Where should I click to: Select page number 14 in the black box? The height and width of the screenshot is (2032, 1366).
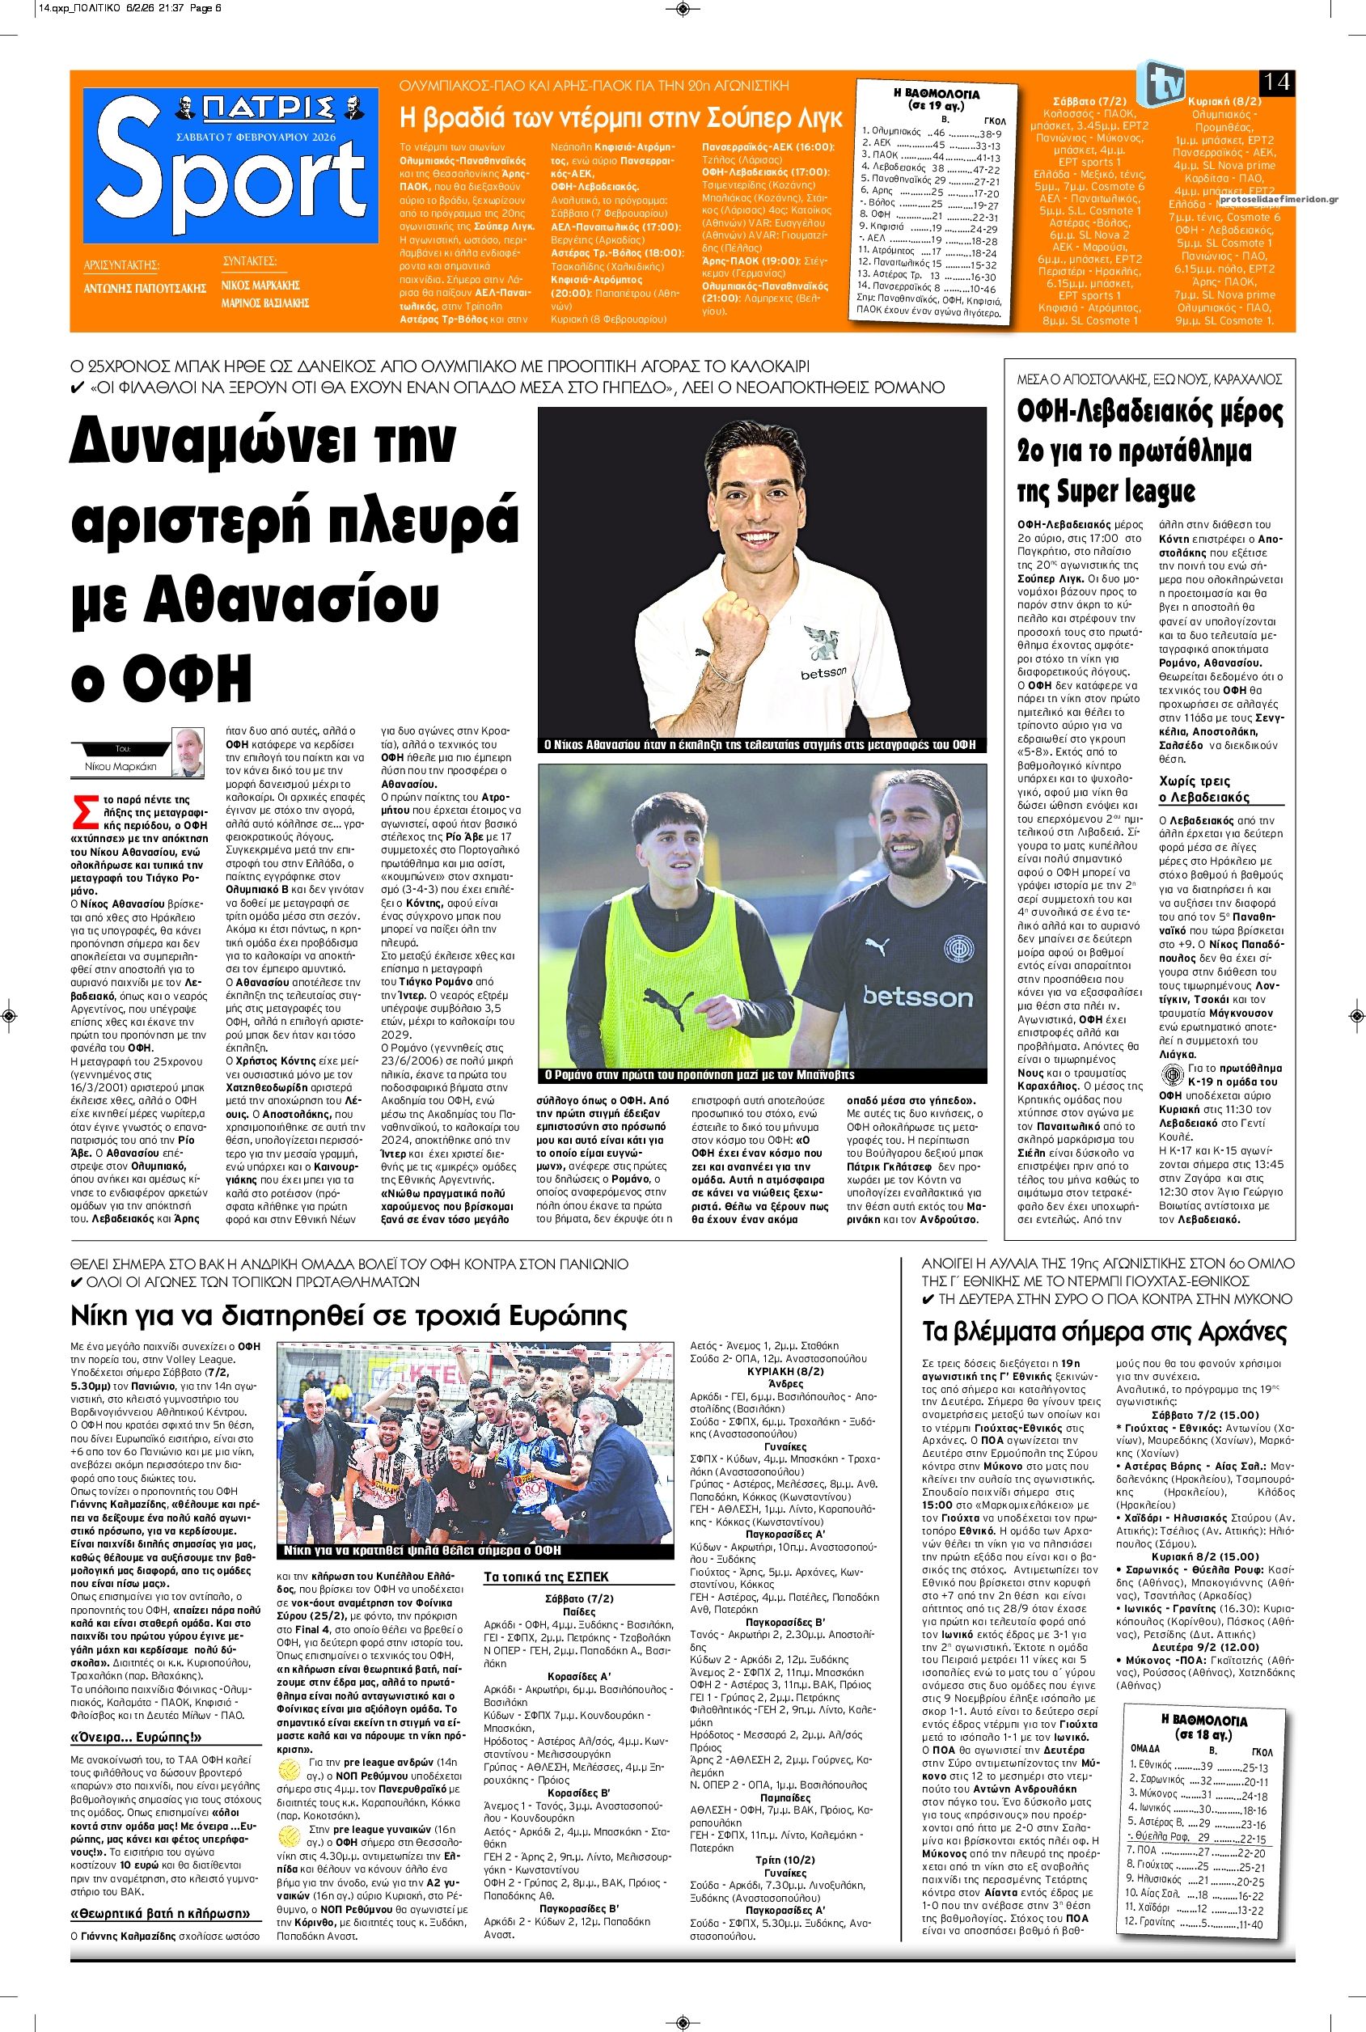point(1277,83)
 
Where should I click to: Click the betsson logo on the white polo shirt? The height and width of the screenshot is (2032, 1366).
point(823,674)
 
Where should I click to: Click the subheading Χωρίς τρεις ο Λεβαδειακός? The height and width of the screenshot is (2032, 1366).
point(1204,790)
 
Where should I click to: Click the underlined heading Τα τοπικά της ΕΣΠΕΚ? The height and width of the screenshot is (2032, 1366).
point(545,1577)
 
